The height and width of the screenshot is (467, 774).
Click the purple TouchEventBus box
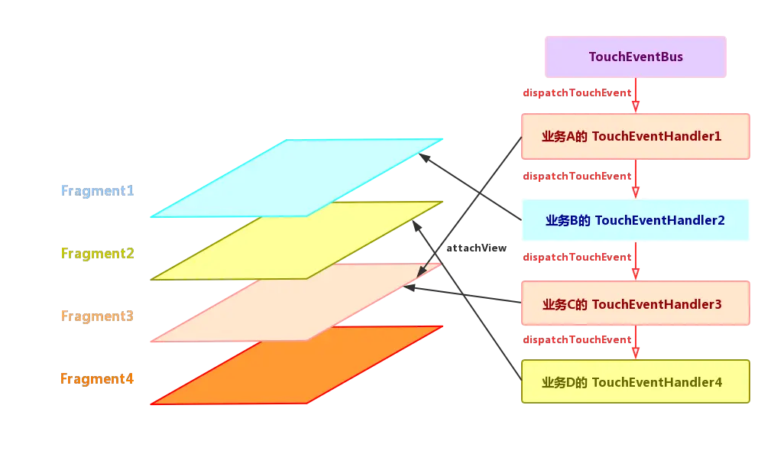tap(635, 57)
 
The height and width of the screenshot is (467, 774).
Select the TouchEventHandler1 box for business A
tap(635, 137)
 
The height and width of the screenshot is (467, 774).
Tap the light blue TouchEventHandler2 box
tap(635, 220)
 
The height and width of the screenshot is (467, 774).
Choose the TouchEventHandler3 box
tap(635, 304)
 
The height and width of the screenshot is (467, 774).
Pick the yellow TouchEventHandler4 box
tap(635, 382)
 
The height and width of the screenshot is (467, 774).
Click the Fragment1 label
tap(98, 190)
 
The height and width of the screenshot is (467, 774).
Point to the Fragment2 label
tap(98, 253)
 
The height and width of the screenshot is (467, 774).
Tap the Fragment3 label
tap(98, 316)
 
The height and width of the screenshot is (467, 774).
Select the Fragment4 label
tap(98, 378)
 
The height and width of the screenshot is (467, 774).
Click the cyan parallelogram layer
tap(298, 177)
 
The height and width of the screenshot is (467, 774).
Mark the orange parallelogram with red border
tap(298, 365)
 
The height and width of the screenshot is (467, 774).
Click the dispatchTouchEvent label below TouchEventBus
tap(576, 93)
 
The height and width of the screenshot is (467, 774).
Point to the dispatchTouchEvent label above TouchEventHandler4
tap(576, 340)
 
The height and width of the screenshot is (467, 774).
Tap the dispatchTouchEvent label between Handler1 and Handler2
tap(576, 177)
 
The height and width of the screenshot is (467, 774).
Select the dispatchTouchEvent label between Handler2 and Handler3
tap(576, 257)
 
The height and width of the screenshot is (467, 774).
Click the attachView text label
tap(476, 248)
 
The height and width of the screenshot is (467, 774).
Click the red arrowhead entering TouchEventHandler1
tap(636, 108)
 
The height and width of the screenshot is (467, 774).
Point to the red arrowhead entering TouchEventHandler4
tap(636, 352)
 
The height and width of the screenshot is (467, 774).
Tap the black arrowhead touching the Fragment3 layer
tap(420, 273)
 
